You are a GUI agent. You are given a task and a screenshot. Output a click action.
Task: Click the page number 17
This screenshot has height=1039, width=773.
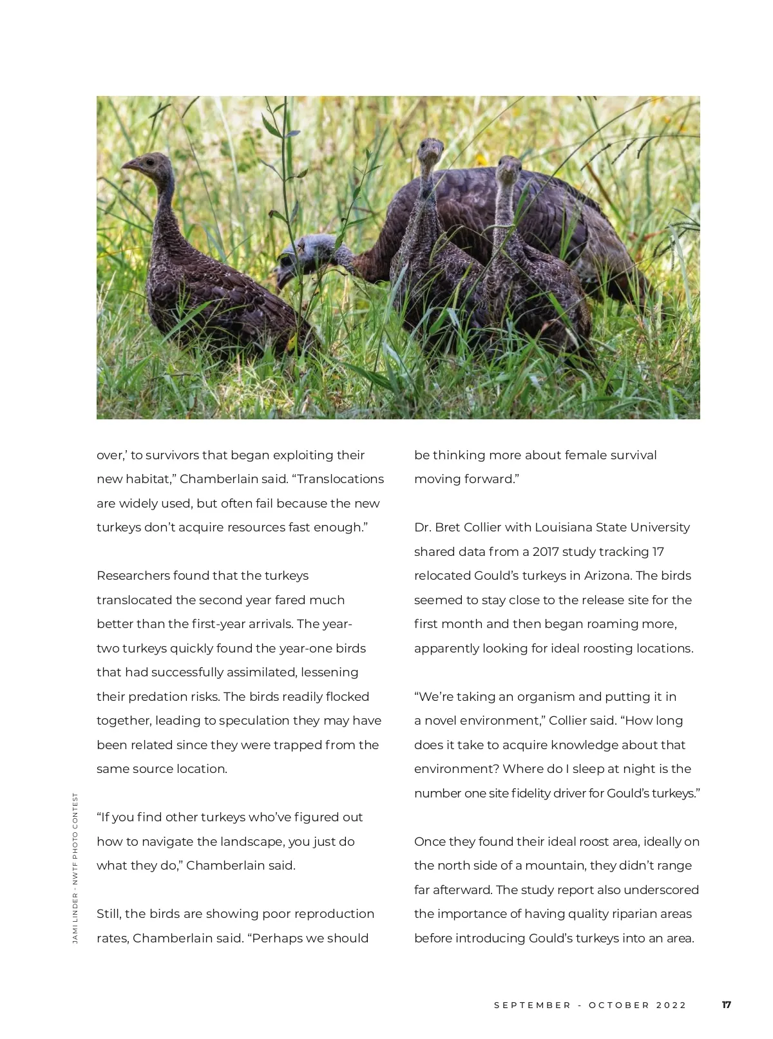click(726, 1005)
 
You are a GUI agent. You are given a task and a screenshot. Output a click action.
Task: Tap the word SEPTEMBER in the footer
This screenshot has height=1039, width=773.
click(532, 1005)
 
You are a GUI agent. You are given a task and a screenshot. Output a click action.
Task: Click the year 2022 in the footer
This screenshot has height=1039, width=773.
click(671, 1005)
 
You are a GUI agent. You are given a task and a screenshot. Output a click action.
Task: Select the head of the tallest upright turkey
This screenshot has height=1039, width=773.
click(430, 151)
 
